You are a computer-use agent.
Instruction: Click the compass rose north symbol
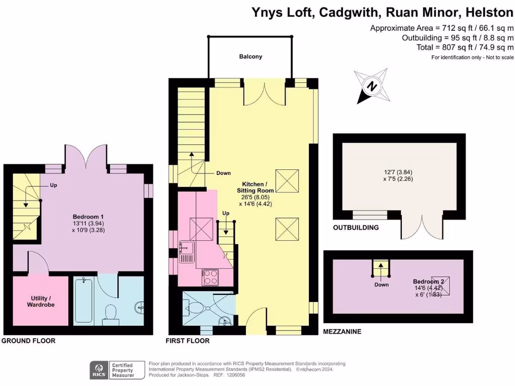pos(372,86)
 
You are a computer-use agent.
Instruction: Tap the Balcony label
pos(250,57)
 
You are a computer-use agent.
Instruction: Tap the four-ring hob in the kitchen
pos(210,277)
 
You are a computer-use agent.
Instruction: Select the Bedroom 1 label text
pos(85,216)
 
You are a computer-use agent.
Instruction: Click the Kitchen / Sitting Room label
pos(255,187)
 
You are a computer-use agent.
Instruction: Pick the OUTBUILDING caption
pos(356,228)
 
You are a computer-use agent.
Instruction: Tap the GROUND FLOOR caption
pos(29,341)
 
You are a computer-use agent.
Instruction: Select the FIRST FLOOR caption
pos(188,341)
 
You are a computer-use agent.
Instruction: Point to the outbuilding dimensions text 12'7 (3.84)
pos(398,172)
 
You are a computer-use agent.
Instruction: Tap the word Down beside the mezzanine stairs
pos(381,285)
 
